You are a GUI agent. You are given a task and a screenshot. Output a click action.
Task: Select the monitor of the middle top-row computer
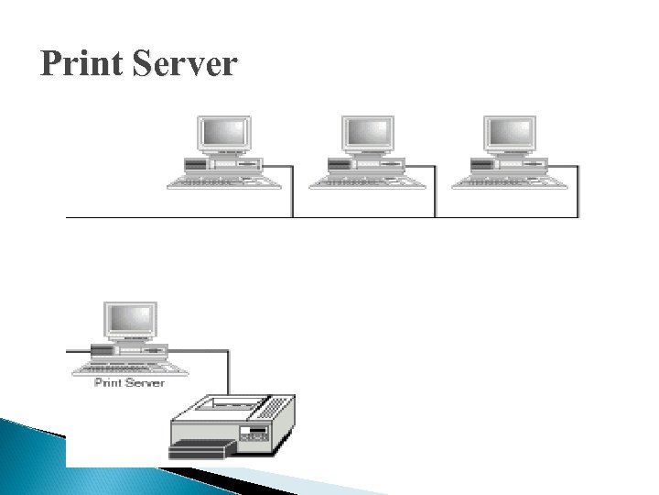tap(368, 134)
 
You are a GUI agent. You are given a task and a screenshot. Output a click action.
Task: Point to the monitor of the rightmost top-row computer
tap(511, 134)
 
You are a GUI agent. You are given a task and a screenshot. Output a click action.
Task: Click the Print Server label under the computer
tap(129, 382)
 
